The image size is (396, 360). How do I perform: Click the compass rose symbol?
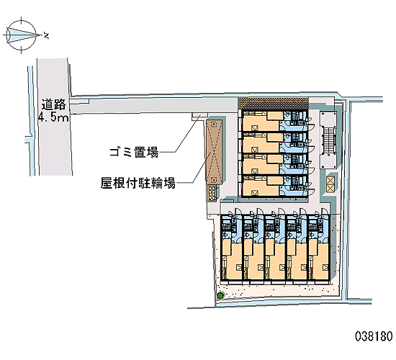tap(21, 35)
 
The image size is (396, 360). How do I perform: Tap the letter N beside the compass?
tap(46, 36)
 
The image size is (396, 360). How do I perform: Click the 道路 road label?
tap(53, 104)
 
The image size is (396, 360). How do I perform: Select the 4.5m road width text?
tap(53, 117)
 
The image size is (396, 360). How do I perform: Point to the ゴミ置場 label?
tap(134, 153)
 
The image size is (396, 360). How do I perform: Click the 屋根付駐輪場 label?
tap(138, 183)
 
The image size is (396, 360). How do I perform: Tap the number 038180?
tap(374, 336)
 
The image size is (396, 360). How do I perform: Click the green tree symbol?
tap(221, 295)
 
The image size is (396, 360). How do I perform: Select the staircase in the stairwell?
tap(328, 140)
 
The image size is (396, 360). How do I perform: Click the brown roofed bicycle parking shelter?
tap(214, 152)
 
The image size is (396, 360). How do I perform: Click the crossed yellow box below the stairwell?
tap(330, 184)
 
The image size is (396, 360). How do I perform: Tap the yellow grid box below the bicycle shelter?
tap(212, 193)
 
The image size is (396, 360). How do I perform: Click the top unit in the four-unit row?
tap(275, 121)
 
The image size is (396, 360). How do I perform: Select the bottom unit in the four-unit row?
tap(275, 186)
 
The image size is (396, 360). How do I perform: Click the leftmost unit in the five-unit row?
tap(231, 247)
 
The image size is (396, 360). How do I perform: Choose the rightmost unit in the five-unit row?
tap(318, 247)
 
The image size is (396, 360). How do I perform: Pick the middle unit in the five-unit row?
tap(275, 247)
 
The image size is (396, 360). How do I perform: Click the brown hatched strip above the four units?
tap(274, 104)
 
